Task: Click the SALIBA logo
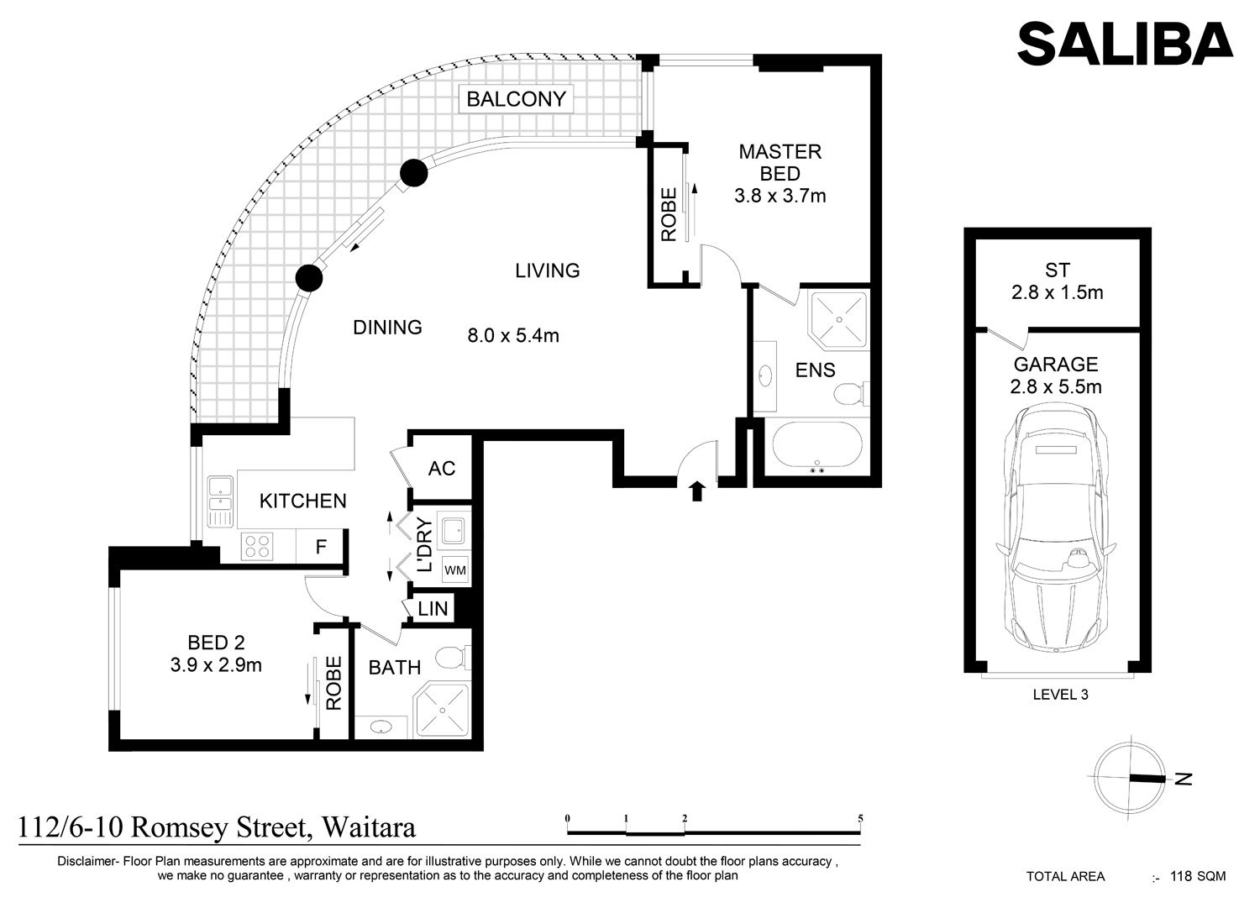click(1125, 44)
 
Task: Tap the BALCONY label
click(516, 99)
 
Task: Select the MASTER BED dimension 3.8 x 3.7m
click(780, 196)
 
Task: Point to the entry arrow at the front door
click(697, 491)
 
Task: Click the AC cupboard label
click(442, 468)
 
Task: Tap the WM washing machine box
click(455, 570)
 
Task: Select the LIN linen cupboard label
click(433, 608)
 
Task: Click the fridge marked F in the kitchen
click(320, 546)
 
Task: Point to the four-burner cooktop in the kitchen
click(257, 546)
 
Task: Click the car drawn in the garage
click(1056, 528)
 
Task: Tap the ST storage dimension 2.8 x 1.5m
click(1057, 292)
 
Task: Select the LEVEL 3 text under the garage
click(1060, 694)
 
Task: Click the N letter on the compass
click(1184, 779)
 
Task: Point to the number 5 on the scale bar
click(860, 819)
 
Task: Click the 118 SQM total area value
click(1198, 876)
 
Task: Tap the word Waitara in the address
click(369, 827)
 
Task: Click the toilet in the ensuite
click(850, 393)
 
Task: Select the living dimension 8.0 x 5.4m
click(513, 336)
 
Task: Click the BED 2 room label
click(216, 643)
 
